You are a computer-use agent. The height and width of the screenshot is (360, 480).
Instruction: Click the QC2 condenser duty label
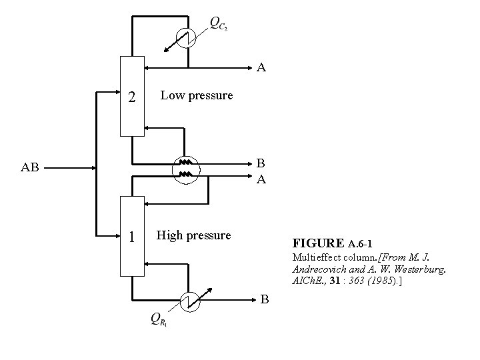(218, 24)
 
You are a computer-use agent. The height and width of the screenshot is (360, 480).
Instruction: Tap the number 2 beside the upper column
(132, 97)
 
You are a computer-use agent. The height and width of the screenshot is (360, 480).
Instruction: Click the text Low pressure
(197, 95)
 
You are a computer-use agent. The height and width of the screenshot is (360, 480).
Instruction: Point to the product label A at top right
(262, 67)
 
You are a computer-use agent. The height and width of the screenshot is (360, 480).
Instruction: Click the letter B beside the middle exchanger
(261, 163)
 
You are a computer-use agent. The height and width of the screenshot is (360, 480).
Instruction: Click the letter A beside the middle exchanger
(261, 179)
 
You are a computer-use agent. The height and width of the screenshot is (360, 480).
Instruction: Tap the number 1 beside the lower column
(132, 237)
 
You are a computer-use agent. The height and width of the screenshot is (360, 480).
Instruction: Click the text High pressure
(193, 235)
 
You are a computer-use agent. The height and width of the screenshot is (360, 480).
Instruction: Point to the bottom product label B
(265, 299)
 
